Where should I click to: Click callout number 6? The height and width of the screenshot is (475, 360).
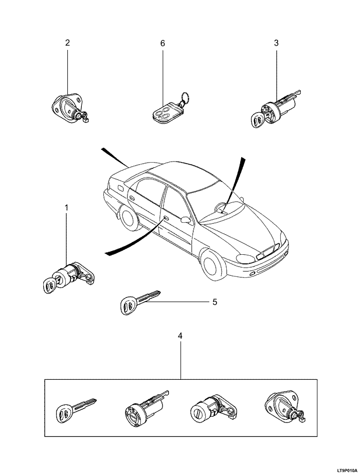[163, 43]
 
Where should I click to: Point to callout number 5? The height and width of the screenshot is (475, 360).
[214, 302]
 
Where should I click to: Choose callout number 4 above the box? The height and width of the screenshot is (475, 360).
[180, 336]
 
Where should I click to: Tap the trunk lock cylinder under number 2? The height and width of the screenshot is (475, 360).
[70, 108]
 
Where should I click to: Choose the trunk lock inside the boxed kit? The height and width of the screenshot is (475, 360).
[283, 407]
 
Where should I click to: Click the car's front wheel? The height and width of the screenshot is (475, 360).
[213, 265]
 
